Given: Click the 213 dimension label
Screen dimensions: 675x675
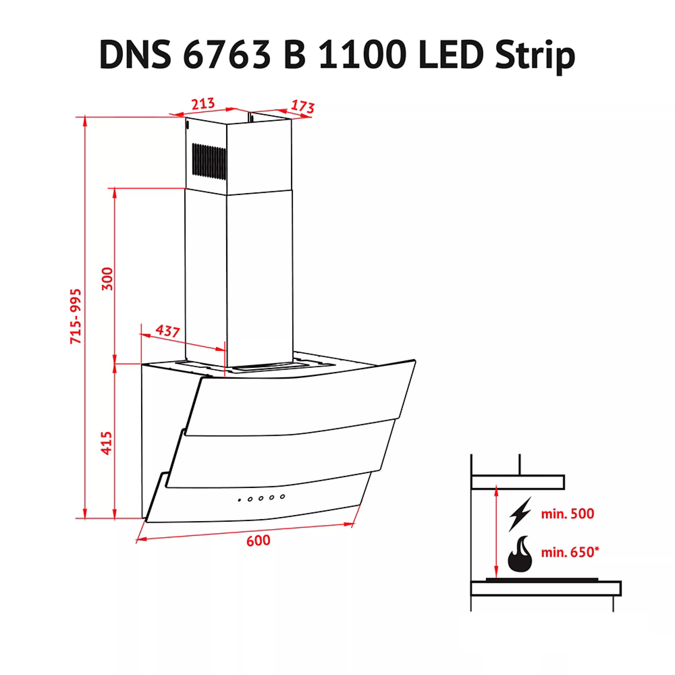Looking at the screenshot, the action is [x=203, y=103].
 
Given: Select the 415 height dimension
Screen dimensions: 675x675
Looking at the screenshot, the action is [x=107, y=443].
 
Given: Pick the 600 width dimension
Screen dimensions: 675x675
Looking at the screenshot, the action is [x=258, y=540].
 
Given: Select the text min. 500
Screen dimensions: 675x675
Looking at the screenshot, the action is [x=567, y=514].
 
